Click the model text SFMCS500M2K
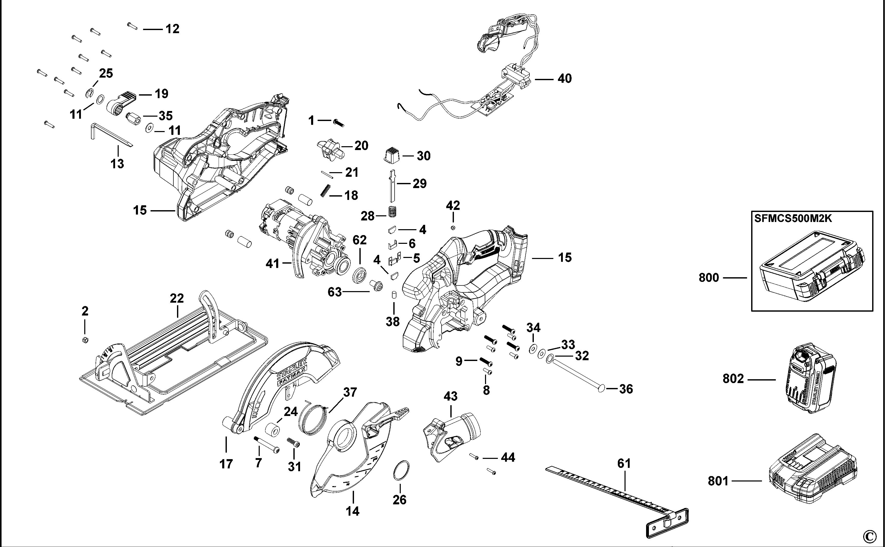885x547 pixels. pyautogui.click(x=793, y=219)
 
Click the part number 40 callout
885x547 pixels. pyautogui.click(x=565, y=79)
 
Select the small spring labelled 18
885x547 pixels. pyautogui.click(x=325, y=190)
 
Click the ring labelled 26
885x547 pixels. pyautogui.click(x=401, y=471)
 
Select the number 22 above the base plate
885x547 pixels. pyautogui.click(x=177, y=299)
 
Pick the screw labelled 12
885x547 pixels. pyautogui.click(x=132, y=26)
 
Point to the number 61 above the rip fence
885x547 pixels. pyautogui.click(x=624, y=463)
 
